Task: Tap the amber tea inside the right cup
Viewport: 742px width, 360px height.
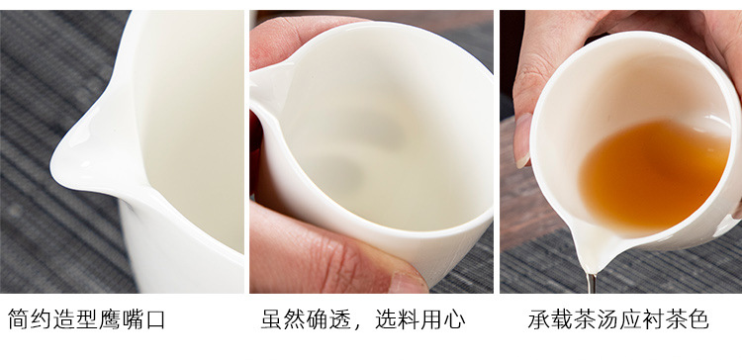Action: click(x=654, y=177)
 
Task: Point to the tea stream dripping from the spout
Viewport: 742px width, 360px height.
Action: click(x=591, y=283)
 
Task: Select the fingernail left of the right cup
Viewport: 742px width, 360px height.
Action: click(x=523, y=141)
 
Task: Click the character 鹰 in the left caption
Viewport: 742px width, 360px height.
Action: click(x=110, y=319)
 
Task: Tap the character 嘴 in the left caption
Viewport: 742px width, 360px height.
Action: click(x=133, y=319)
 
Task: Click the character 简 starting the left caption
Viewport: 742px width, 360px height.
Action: click(x=19, y=319)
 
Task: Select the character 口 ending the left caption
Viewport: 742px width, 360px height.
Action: click(x=155, y=319)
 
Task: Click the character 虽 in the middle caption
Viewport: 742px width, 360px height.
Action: click(x=272, y=319)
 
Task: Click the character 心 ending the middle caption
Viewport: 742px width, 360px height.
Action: click(x=455, y=319)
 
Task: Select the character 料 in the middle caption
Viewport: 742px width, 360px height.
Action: click(x=409, y=319)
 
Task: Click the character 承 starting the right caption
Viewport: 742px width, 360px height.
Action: click(x=539, y=319)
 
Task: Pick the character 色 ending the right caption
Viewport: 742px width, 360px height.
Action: click(x=698, y=319)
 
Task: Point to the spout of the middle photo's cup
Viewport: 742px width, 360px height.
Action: click(x=268, y=92)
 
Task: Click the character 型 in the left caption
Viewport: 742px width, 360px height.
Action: click(x=87, y=319)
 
